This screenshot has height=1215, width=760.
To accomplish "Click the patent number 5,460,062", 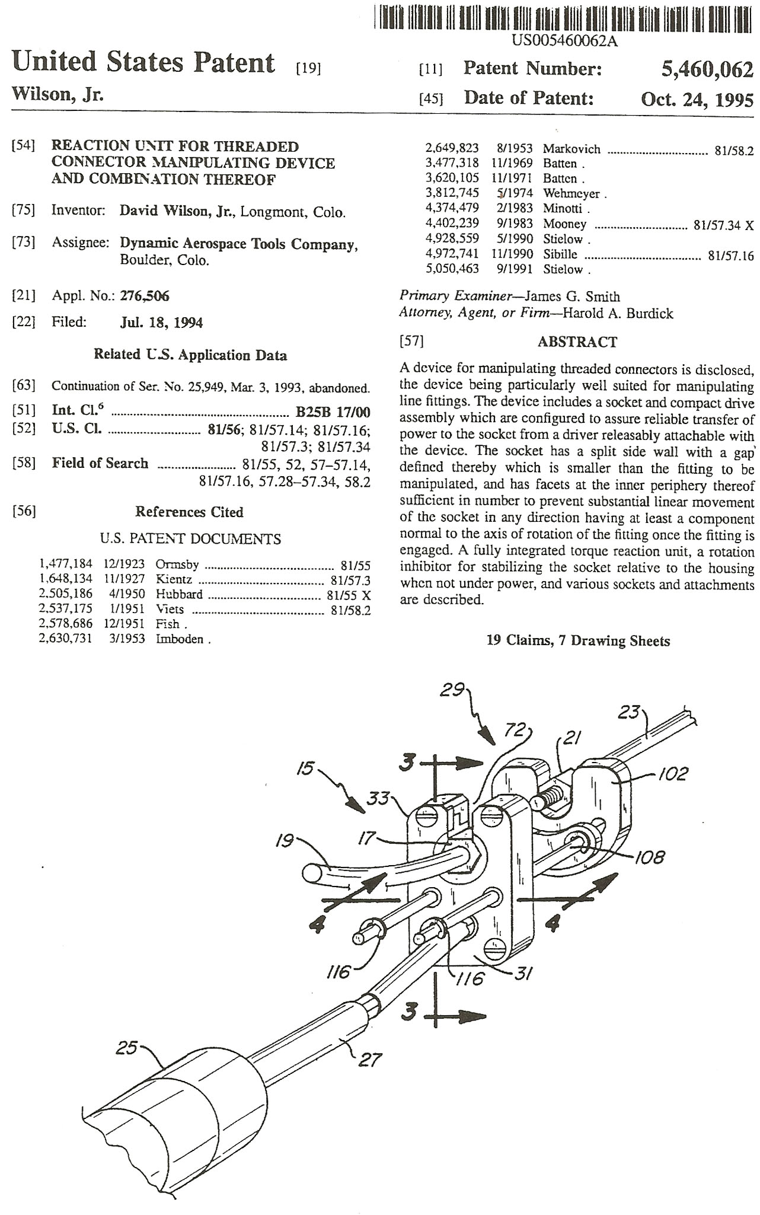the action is click(x=707, y=69).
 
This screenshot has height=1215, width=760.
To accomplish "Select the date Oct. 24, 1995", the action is click(x=697, y=99).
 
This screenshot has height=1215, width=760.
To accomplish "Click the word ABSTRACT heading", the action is click(x=577, y=342).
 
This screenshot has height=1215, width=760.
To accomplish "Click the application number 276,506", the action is click(x=145, y=295).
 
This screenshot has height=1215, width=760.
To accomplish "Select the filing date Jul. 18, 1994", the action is click(x=161, y=323).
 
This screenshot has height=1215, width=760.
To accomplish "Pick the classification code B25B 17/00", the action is click(x=333, y=412).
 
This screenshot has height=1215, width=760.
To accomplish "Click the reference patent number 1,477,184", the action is click(x=66, y=564).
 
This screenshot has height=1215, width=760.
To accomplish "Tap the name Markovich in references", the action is click(x=571, y=149).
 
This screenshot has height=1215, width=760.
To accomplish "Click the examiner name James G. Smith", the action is click(x=573, y=296).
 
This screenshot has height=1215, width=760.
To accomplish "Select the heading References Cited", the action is click(x=189, y=512).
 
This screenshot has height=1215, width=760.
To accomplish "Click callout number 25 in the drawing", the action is click(x=126, y=1048).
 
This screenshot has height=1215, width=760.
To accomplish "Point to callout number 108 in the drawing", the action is click(x=650, y=857).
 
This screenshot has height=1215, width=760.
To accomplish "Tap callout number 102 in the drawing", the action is click(x=674, y=773).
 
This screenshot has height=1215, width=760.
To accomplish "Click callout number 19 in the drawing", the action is click(x=285, y=840).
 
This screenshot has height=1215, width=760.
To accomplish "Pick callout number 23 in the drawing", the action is click(x=630, y=711).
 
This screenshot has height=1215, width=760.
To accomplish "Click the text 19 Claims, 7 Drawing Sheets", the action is click(x=578, y=640).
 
